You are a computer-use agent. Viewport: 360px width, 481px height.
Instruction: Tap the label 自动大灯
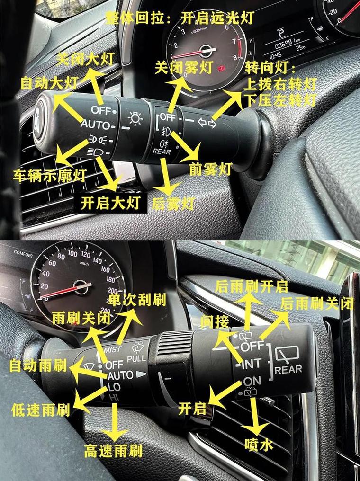click(49, 83)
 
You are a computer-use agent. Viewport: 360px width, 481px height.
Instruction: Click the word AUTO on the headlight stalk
click(95, 125)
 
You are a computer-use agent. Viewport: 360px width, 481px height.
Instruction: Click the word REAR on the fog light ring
click(162, 151)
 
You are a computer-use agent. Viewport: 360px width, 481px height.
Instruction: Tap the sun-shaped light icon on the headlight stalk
click(135, 118)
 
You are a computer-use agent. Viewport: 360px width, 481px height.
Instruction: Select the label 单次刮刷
click(130, 301)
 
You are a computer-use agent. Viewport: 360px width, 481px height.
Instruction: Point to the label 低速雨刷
click(40, 410)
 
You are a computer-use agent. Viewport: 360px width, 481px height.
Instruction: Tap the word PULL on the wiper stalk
click(137, 358)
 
